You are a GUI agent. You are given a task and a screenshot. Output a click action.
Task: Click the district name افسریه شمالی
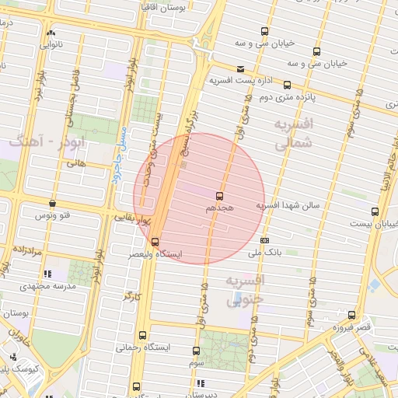point(293,133)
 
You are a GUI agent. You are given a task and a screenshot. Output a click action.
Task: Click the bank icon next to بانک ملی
point(265,240)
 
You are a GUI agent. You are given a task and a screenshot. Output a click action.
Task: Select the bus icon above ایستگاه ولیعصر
point(155,242)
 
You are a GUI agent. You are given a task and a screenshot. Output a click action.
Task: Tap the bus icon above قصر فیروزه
point(352,315)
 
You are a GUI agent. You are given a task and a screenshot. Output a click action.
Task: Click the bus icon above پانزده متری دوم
point(287,85)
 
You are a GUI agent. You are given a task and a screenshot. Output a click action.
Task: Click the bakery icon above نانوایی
point(51,33)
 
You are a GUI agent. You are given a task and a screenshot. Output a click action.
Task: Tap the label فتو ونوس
point(54,215)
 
